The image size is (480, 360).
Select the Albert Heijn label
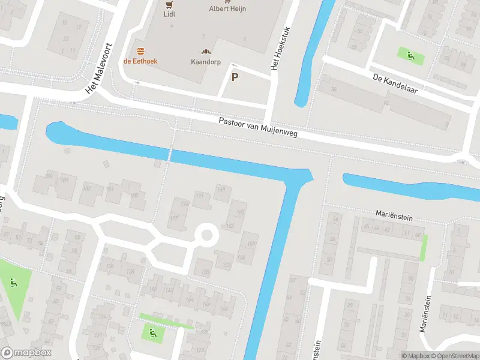(228, 9)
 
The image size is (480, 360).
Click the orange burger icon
(141, 51)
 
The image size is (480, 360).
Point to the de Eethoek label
(141, 61)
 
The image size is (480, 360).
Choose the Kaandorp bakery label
(206, 62)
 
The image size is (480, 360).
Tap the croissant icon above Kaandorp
(206, 52)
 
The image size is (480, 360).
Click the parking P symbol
(235, 77)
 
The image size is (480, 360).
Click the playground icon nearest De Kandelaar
(411, 56)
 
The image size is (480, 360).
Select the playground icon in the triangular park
(13, 281)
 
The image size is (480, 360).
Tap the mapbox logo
(26, 353)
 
